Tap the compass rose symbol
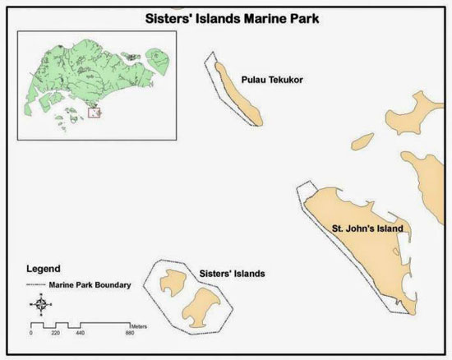[x=41, y=305]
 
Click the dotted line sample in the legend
[x=35, y=285]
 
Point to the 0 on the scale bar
[x=31, y=334]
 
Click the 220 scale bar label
[x=56, y=334]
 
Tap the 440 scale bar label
[x=80, y=334]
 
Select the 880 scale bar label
[x=129, y=334]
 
